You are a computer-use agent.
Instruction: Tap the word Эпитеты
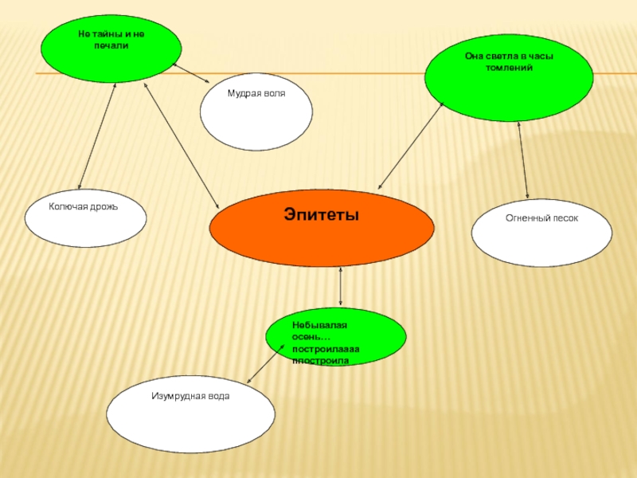pos(322,214)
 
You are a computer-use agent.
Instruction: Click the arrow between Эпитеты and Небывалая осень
pos(341,288)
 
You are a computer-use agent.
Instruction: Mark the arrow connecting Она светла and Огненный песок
pos(524,160)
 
